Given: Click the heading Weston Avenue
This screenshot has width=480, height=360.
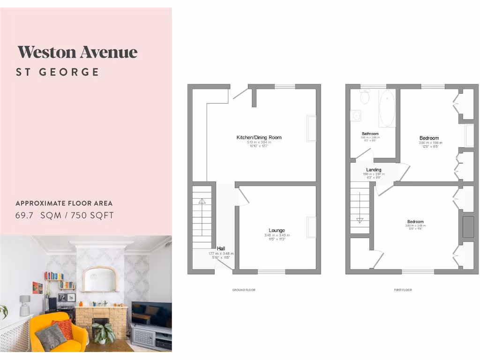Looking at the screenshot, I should tap(77, 52).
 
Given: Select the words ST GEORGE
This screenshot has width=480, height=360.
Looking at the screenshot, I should tap(58, 72).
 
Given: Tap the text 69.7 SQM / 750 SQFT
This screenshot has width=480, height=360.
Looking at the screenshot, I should tap(65, 216).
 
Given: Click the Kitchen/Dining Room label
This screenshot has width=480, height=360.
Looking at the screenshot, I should tap(259, 137).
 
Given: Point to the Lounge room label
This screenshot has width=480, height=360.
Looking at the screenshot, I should tap(277, 230).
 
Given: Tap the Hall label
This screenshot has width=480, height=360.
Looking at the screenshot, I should tap(220, 249).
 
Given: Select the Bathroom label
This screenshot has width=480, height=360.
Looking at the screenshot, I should tap(370, 134).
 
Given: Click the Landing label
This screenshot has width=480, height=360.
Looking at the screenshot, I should tap(374, 170).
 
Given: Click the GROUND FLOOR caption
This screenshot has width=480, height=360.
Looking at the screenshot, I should tap(244, 290).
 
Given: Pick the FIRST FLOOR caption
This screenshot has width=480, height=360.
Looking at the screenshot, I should tap(403, 290).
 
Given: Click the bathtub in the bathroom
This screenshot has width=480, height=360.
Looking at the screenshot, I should tap(387, 109).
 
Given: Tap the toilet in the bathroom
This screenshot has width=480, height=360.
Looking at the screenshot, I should tap(365, 97).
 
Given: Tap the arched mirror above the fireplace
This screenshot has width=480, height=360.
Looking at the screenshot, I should tap(99, 279).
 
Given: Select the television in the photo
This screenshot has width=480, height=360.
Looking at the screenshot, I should tap(151, 314).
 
